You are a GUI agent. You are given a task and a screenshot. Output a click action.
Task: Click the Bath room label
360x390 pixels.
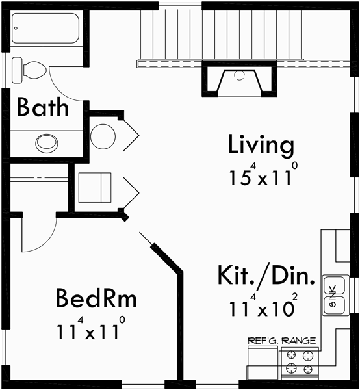43,107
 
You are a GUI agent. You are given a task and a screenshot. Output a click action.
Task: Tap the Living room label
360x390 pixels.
261,146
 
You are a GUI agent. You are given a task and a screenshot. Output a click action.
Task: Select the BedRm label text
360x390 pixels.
96,300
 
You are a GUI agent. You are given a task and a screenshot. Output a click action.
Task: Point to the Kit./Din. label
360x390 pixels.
266,276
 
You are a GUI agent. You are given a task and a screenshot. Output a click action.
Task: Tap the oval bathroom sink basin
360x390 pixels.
46,142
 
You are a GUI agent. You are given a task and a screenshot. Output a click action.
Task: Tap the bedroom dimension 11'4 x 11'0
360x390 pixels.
89,331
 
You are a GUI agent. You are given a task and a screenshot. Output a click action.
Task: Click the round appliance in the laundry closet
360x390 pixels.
103,136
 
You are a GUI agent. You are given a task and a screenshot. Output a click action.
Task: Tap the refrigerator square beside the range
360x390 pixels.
262,364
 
